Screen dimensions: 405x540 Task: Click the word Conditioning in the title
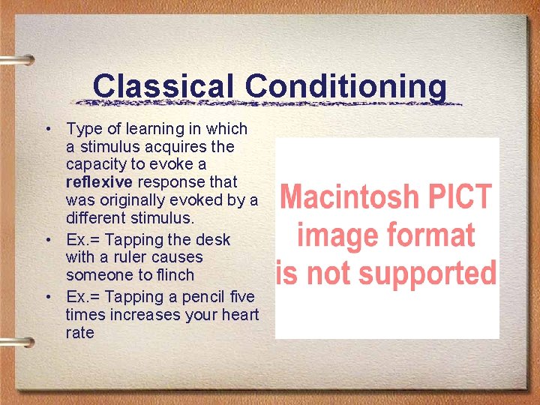pos(346,86)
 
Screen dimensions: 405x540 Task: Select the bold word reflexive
pos(99,182)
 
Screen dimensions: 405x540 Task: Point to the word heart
pos(238,315)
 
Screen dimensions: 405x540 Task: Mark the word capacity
pos(94,164)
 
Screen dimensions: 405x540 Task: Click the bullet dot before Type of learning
pos(47,129)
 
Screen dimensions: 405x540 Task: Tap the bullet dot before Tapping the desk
pos(47,240)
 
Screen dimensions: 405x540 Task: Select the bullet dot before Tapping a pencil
pos(47,297)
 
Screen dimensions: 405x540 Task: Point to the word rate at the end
pos(80,333)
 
